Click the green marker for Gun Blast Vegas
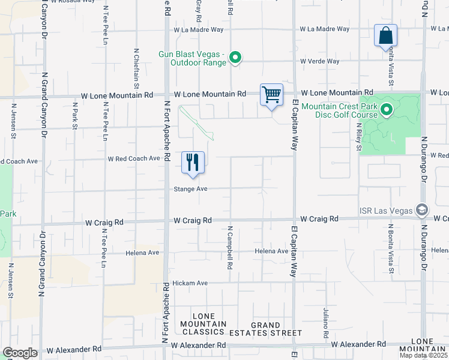(x=236, y=58)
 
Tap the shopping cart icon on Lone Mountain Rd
(x=271, y=95)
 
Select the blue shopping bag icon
(x=385, y=36)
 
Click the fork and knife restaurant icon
(x=193, y=162)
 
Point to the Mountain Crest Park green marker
(x=387, y=109)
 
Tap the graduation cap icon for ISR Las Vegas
(x=422, y=209)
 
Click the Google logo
(x=20, y=353)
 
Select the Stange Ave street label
(x=190, y=188)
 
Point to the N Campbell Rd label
(x=229, y=247)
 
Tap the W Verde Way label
(x=320, y=61)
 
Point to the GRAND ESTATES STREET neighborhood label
(x=268, y=328)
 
